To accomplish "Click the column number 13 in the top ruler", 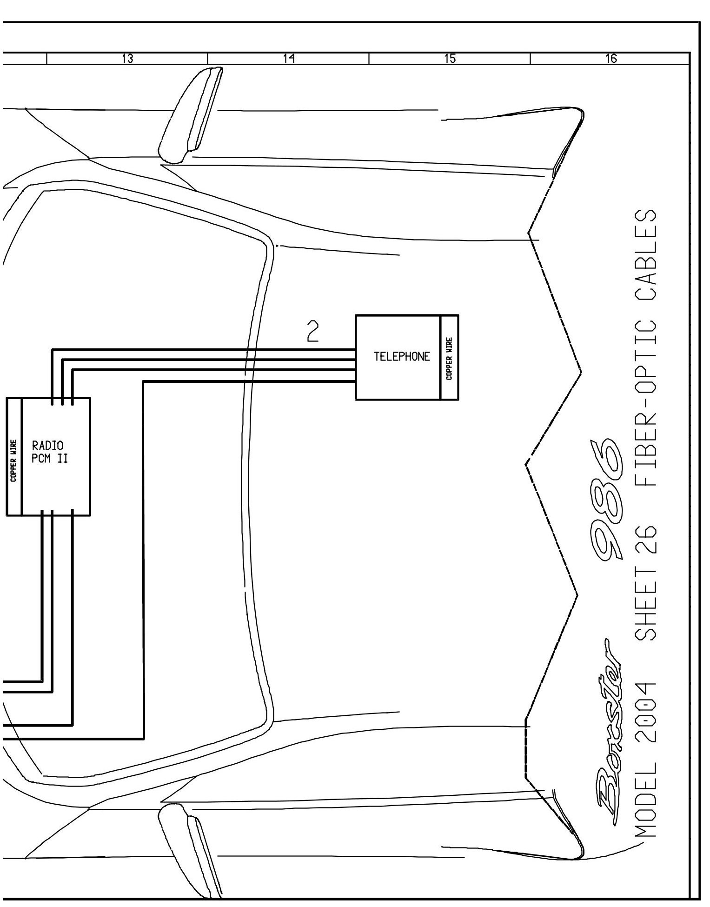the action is tap(127, 59).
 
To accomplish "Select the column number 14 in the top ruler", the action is tap(288, 59).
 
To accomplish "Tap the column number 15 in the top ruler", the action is tap(450, 59).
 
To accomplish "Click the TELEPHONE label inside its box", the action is tap(402, 357).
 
